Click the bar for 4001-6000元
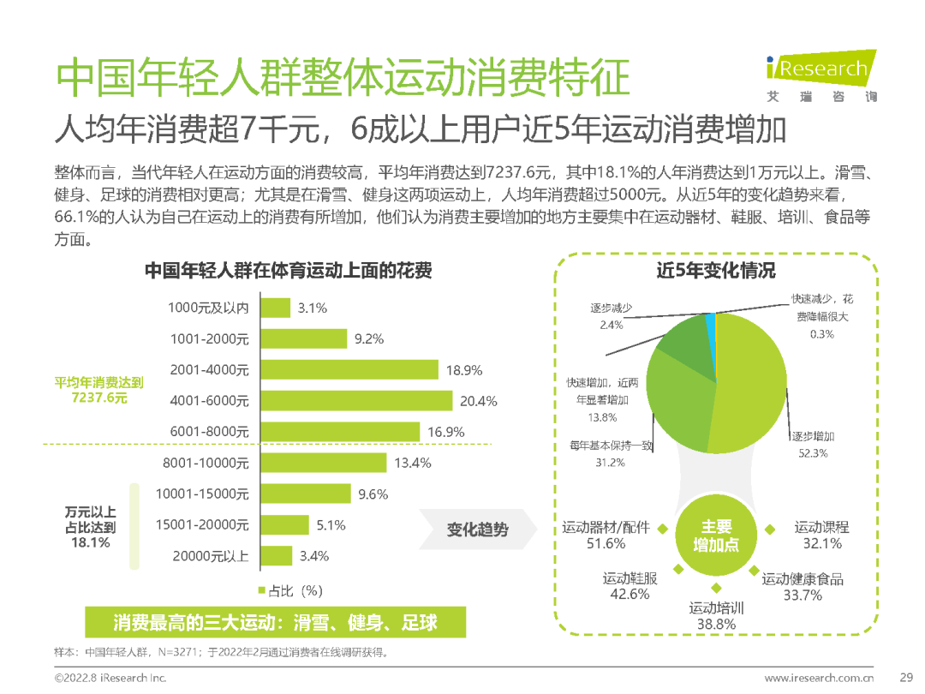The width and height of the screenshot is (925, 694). point(355,400)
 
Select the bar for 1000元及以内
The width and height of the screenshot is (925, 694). point(273,308)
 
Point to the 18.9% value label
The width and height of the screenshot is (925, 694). point(464,370)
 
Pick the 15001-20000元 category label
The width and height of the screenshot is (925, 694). point(203,524)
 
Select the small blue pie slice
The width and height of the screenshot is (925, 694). point(711,324)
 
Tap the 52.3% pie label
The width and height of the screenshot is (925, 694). point(813,452)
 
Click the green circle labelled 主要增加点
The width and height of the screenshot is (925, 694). point(716,535)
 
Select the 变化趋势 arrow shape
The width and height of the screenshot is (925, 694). point(475,529)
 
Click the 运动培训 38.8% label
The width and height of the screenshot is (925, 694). point(716,616)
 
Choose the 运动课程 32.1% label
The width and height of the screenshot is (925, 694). point(821,535)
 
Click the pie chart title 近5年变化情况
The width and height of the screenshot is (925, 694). point(715,271)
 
